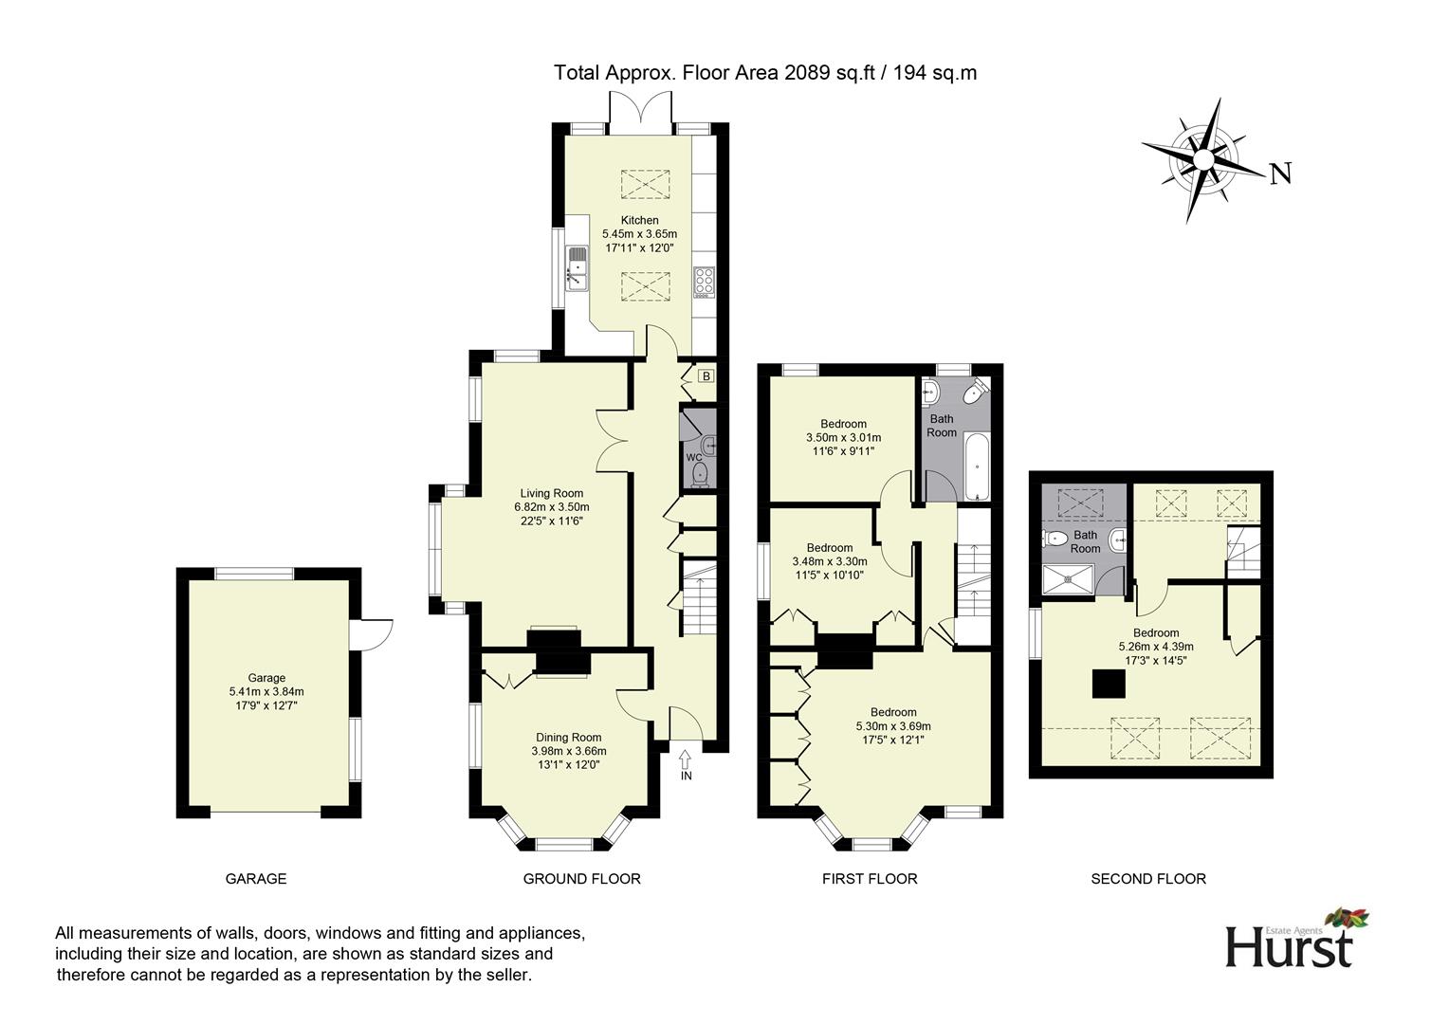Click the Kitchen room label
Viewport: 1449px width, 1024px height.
click(x=639, y=220)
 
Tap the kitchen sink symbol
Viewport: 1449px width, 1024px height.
click(x=577, y=267)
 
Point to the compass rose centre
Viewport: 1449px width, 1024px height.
click(x=1203, y=157)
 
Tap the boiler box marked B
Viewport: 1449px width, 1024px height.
click(x=705, y=376)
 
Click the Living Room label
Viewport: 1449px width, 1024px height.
click(x=551, y=493)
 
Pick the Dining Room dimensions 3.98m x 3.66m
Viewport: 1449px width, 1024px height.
click(x=568, y=751)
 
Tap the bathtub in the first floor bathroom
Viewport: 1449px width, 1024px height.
click(x=977, y=467)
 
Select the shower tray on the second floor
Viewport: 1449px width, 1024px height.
click(x=1068, y=579)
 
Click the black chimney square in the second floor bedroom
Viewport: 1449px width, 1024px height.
click(x=1110, y=684)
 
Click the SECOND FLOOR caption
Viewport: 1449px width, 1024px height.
click(x=1147, y=879)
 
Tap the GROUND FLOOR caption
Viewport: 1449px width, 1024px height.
click(x=581, y=879)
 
